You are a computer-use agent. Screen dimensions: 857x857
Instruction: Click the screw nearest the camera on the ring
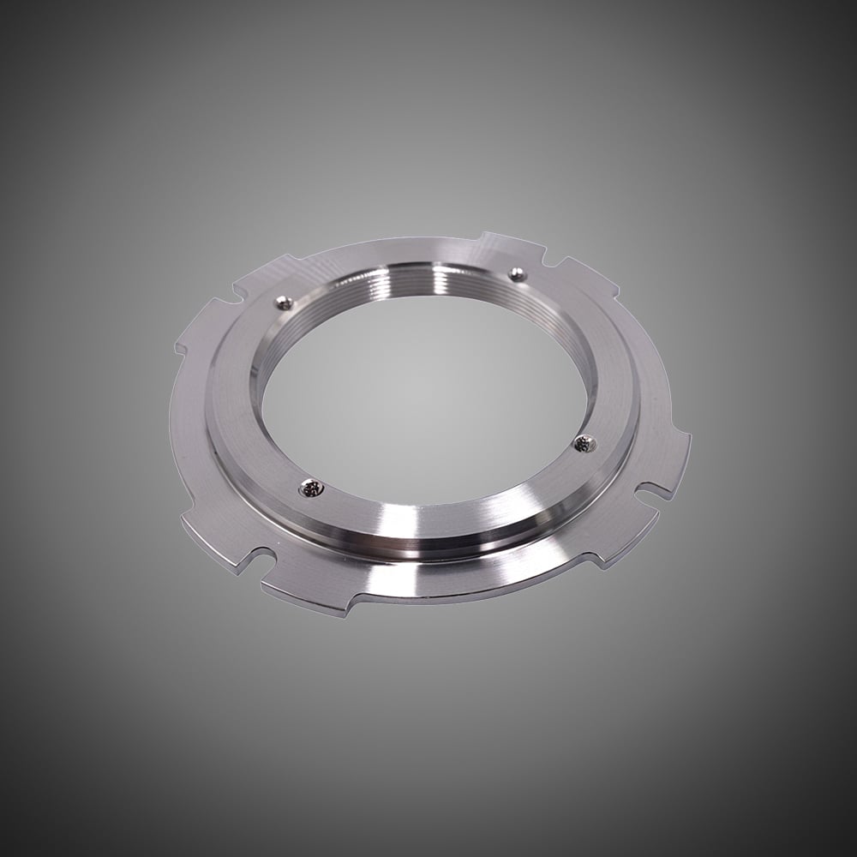click(x=309, y=488)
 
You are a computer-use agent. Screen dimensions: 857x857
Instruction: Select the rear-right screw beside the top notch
click(x=516, y=273)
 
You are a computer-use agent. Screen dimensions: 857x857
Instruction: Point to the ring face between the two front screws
click(x=454, y=497)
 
